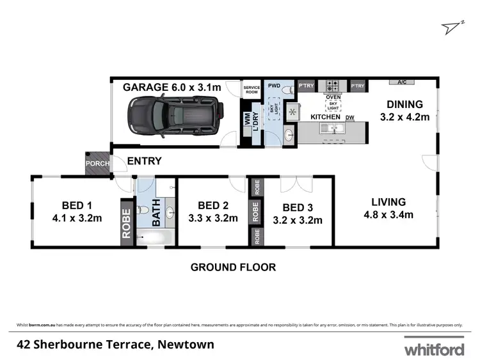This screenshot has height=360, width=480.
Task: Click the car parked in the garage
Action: pyautogui.click(x=175, y=116)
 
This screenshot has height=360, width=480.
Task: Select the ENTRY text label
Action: pyautogui.click(x=144, y=161)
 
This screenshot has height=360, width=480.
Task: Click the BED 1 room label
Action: pyautogui.click(x=77, y=205)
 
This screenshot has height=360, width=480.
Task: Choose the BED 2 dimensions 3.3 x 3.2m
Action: pyautogui.click(x=214, y=217)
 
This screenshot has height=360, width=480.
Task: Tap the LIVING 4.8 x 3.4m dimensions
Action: pyautogui.click(x=387, y=214)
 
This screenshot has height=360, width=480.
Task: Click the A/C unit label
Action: pyautogui.click(x=402, y=82)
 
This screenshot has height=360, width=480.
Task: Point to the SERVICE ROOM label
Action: pyautogui.click(x=250, y=90)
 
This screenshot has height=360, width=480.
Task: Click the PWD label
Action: pyautogui.click(x=274, y=84)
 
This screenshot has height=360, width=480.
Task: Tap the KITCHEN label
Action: pyautogui.click(x=326, y=118)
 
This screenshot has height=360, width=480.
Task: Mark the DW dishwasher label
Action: pyautogui.click(x=350, y=118)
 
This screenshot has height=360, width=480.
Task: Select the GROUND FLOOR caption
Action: pyautogui.click(x=233, y=267)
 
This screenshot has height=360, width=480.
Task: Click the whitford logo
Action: pyautogui.click(x=433, y=349)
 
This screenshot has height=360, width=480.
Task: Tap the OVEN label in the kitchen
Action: pyautogui.click(x=333, y=97)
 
